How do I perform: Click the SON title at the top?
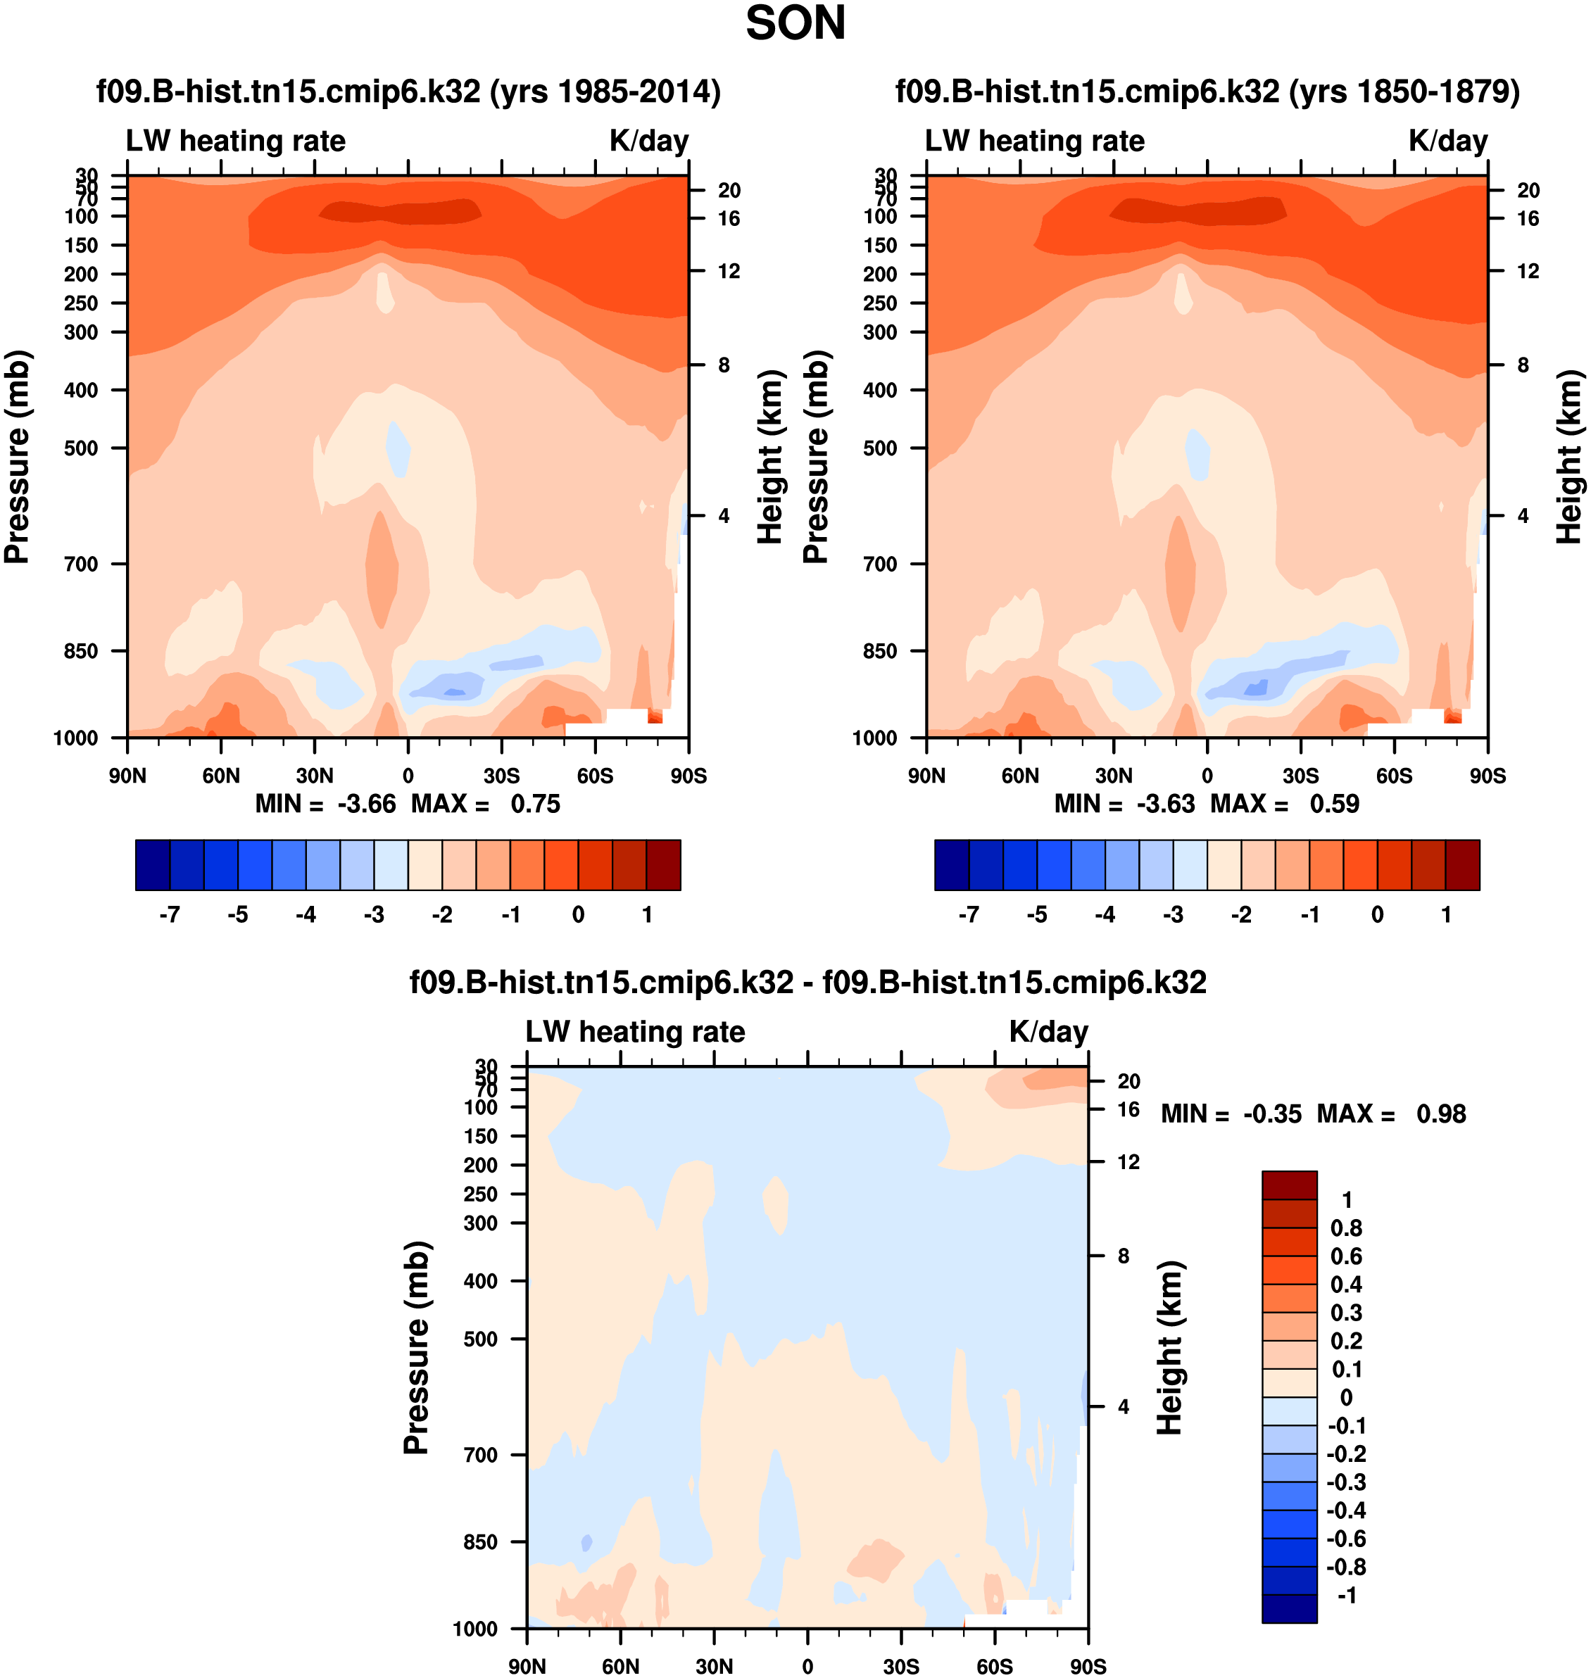click(795, 23)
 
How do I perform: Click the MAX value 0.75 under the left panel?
click(535, 803)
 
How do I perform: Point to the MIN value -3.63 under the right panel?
click(1165, 803)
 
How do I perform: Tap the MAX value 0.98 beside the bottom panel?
click(1440, 1114)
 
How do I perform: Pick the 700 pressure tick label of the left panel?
click(82, 564)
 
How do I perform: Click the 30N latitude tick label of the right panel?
click(1114, 776)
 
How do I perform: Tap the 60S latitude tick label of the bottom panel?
click(994, 1666)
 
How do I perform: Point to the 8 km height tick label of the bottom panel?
click(1123, 1256)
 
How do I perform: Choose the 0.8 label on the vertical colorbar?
click(1346, 1228)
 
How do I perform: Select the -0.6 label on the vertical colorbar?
click(1346, 1538)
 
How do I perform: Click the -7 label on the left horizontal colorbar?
click(169, 914)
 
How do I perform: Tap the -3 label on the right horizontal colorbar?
click(1172, 914)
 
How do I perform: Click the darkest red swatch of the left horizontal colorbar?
click(663, 865)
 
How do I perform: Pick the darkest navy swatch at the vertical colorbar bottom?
click(1289, 1608)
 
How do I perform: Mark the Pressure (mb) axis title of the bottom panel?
click(417, 1347)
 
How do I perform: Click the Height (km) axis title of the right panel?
click(1569, 457)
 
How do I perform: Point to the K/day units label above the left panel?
click(649, 141)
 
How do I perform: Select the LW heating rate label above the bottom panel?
click(635, 1031)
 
